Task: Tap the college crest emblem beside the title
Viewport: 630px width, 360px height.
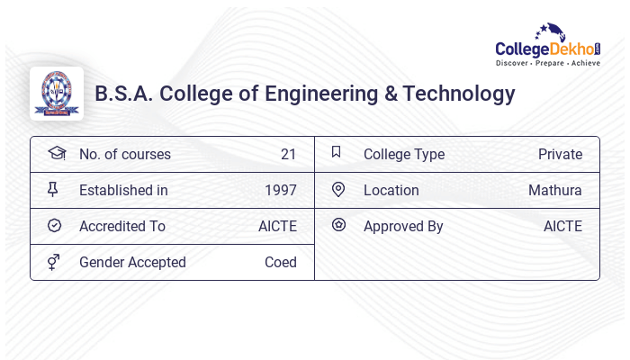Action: coord(57,94)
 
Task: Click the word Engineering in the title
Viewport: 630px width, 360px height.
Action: coord(327,94)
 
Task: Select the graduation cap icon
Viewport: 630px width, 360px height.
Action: coord(56,153)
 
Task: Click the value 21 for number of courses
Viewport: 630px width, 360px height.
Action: coord(288,154)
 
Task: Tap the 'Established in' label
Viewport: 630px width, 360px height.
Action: coord(123,190)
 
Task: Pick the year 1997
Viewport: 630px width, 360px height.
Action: coord(281,190)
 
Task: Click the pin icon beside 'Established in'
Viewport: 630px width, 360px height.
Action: coord(53,189)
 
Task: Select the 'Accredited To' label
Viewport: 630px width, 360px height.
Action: coord(122,226)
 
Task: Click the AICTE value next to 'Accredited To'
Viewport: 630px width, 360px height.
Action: coord(277,226)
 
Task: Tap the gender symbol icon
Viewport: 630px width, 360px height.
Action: coord(54,262)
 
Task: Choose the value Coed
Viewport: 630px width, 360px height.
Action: coord(281,262)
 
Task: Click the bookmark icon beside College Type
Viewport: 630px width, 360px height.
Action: coord(337,152)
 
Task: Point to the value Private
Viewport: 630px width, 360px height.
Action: coord(560,154)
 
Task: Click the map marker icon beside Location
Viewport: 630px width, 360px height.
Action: coord(338,189)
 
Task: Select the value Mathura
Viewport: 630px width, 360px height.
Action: coord(555,190)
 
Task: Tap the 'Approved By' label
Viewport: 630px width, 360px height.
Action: coord(403,226)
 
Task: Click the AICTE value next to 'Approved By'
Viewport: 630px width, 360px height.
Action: coord(562,226)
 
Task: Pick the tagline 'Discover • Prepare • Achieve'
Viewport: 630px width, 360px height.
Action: coord(547,64)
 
